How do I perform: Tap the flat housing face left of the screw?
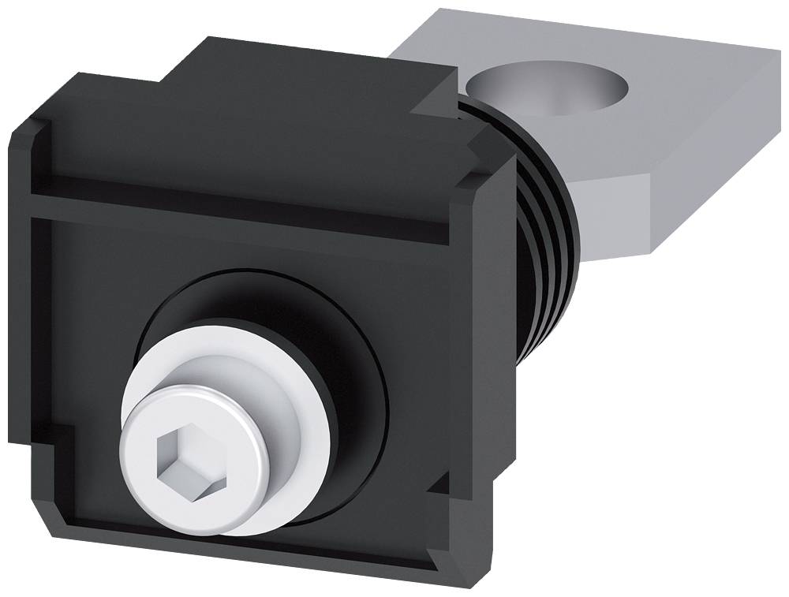(x=87, y=331)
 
